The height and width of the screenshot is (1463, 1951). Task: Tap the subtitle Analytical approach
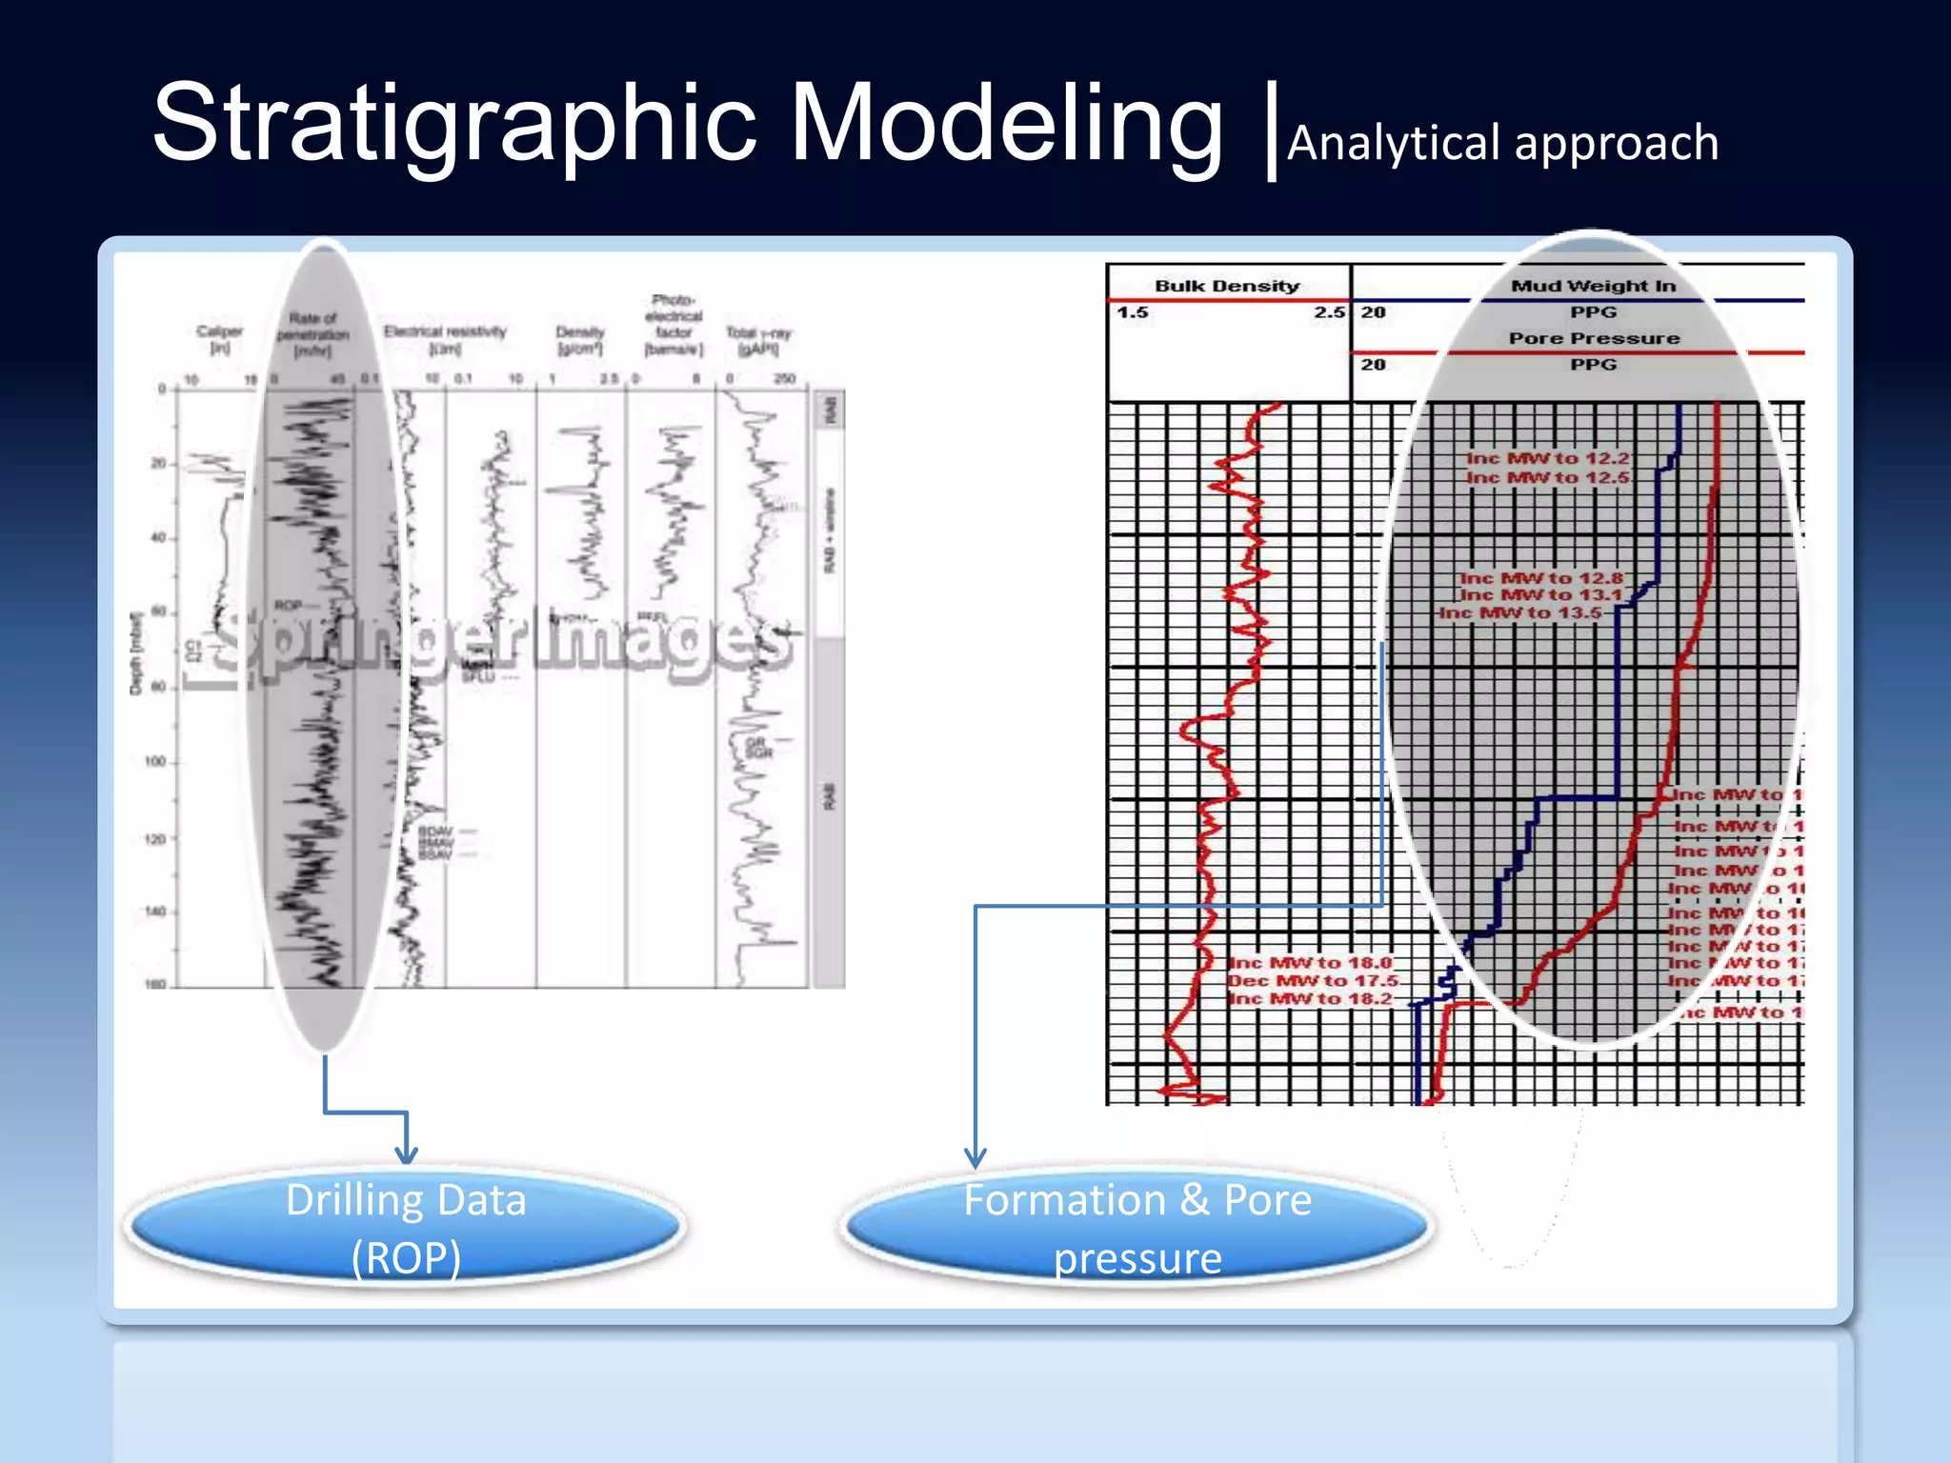1502,144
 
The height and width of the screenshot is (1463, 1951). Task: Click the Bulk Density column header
1227,286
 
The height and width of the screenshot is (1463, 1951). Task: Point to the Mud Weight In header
1593,286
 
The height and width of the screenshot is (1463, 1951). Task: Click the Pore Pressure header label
1594,338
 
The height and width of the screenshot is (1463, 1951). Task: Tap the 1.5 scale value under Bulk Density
1133,312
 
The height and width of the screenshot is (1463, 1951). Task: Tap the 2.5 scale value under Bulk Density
1329,312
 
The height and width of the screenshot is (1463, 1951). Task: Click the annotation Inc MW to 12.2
1547,458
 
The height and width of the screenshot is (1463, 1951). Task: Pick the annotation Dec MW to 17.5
1313,980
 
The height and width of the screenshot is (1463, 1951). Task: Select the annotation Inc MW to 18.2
1310,998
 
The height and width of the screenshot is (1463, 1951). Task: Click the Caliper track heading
219,339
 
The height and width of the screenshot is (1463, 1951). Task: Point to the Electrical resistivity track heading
445,339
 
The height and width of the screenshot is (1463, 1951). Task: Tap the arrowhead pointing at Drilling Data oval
407,1154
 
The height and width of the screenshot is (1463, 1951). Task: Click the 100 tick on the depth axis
155,762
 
